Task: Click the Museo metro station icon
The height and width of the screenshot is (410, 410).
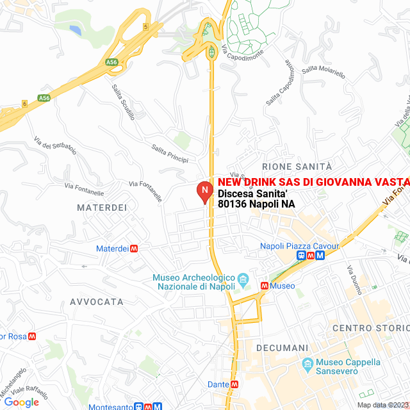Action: click(264, 286)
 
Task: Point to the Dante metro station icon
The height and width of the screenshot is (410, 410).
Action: click(234, 384)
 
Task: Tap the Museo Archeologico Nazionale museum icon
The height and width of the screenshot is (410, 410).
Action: click(243, 279)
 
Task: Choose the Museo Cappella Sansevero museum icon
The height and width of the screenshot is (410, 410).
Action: click(307, 366)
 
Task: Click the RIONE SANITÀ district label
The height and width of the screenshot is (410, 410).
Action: click(297, 167)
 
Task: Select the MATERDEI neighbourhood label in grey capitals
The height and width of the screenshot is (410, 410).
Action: click(102, 208)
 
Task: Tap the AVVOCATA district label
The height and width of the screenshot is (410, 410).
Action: click(97, 301)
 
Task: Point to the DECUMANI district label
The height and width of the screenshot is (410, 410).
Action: click(282, 347)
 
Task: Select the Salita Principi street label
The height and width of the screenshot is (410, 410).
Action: click(170, 152)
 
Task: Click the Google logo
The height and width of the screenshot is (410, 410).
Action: click(21, 402)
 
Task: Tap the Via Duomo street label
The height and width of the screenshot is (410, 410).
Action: click(354, 280)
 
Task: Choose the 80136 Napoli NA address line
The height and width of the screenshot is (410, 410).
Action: click(256, 204)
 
